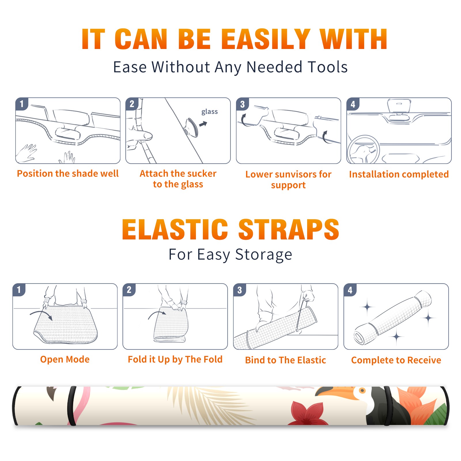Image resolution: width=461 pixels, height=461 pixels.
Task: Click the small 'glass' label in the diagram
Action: (x=209, y=112)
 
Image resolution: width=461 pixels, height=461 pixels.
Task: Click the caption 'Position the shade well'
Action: (x=68, y=173)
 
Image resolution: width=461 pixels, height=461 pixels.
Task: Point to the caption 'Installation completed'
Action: (x=399, y=174)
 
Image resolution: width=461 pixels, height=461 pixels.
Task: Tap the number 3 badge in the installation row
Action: (x=242, y=104)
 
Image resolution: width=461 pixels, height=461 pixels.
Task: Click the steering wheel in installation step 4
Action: (x=363, y=150)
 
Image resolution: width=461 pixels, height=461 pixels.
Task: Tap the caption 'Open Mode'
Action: (x=65, y=359)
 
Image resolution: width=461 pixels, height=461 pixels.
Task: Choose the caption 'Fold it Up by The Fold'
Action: (x=175, y=359)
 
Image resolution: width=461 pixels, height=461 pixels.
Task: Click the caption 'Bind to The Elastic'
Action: (x=286, y=360)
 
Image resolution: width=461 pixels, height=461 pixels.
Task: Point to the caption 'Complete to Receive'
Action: (x=396, y=360)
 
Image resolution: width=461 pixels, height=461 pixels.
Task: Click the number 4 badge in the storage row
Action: (x=350, y=290)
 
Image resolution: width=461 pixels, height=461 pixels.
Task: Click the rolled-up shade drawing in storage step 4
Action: (x=393, y=318)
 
